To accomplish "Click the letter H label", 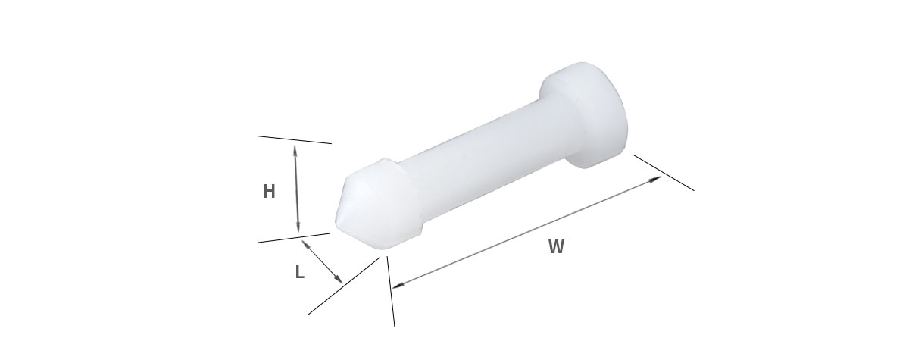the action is click(269, 191).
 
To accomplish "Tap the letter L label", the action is click(299, 271).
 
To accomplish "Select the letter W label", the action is click(556, 246).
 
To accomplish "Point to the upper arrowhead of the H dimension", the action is click(295, 151).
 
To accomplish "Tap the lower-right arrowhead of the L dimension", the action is click(339, 278).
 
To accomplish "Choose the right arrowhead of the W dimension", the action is click(655, 179).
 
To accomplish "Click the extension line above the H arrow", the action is click(295, 139).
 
